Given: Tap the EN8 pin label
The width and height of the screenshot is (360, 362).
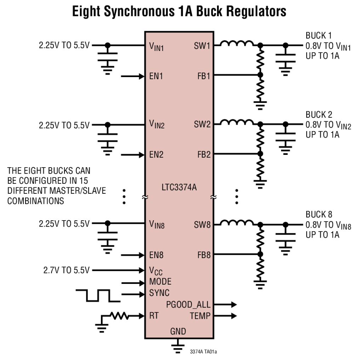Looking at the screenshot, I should (x=156, y=255).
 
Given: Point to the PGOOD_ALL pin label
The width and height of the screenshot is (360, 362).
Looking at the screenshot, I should (x=188, y=304).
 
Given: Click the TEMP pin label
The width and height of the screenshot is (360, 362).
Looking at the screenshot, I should (x=200, y=316).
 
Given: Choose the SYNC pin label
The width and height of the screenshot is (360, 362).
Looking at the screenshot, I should (x=159, y=293).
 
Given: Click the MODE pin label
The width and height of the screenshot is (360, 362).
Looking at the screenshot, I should (x=160, y=282).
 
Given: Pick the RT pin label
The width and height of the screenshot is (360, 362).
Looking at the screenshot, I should (x=154, y=316).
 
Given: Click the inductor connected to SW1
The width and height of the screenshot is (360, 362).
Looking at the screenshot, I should (x=236, y=44).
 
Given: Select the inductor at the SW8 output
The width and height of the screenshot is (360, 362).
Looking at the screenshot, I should (x=236, y=223).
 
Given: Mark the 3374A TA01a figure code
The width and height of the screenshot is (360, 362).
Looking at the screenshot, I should (x=203, y=352).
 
